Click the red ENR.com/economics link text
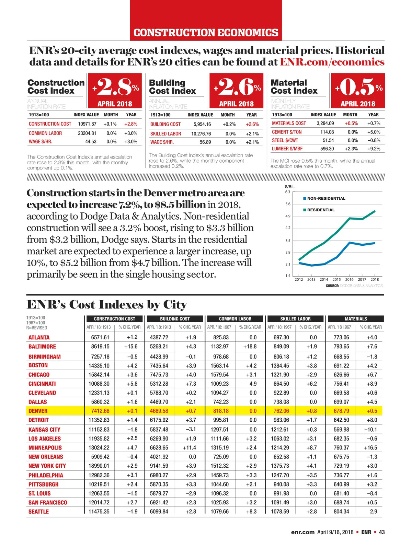point(332,62)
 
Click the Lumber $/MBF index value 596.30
point(327,149)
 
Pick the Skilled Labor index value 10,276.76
point(201,134)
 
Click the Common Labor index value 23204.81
point(87,133)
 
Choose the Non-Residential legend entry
point(326,198)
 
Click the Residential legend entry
point(320,210)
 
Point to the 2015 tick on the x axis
point(336,279)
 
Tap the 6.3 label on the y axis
point(288,192)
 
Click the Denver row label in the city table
point(38,411)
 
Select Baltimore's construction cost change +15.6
point(131,347)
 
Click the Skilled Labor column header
point(295,319)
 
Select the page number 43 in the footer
point(382,532)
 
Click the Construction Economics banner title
point(206,33)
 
